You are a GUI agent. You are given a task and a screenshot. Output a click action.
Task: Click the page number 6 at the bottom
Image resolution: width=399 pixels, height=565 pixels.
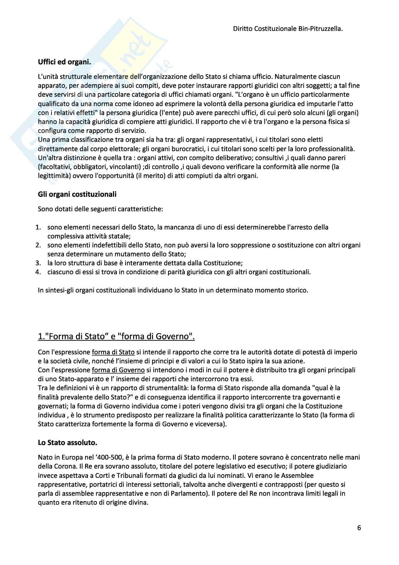[x=359, y=528]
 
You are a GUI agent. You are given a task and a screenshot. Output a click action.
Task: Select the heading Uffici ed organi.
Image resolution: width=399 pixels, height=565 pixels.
[x=65, y=62]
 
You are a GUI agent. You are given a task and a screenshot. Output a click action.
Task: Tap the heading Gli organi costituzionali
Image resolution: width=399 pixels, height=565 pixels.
[x=77, y=194]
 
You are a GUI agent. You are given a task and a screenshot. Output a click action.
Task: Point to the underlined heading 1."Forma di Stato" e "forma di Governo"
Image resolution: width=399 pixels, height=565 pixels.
[x=117, y=336]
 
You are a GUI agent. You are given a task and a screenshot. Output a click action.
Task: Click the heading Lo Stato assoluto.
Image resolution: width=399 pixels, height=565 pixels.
[x=67, y=442]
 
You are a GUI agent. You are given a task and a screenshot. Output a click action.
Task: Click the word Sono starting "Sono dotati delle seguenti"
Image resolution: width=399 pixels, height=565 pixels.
[x=44, y=208]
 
